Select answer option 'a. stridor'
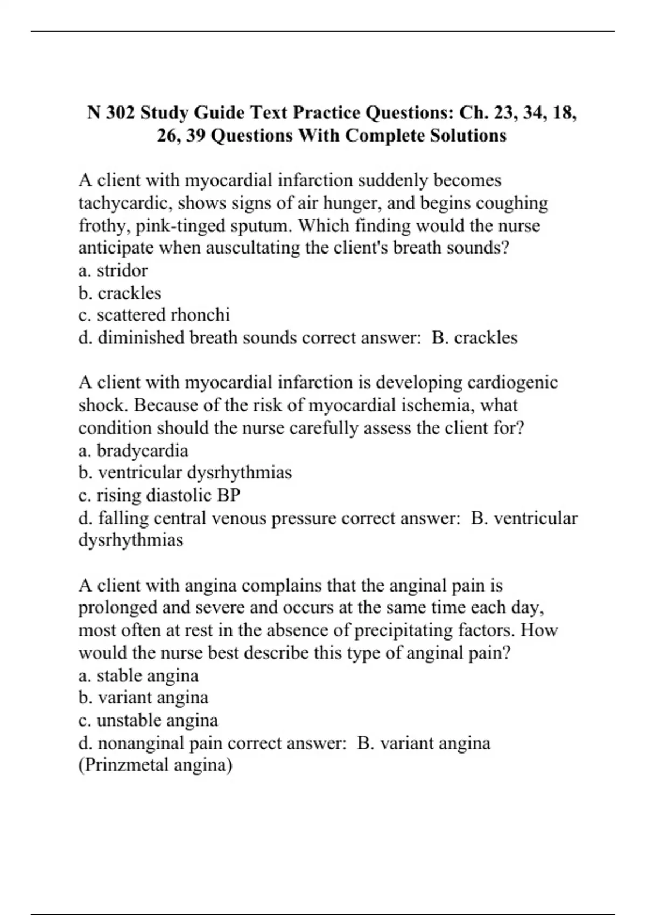pos(113,270)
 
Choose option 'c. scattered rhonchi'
pos(154,315)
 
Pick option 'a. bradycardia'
pos(134,451)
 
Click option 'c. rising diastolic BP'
pos(159,495)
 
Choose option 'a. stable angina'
pos(138,675)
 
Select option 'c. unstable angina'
pos(148,720)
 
